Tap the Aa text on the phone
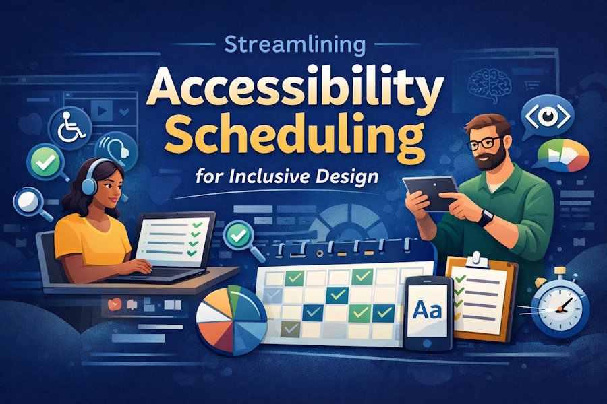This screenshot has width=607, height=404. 426,310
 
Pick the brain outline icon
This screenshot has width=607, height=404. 490,81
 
